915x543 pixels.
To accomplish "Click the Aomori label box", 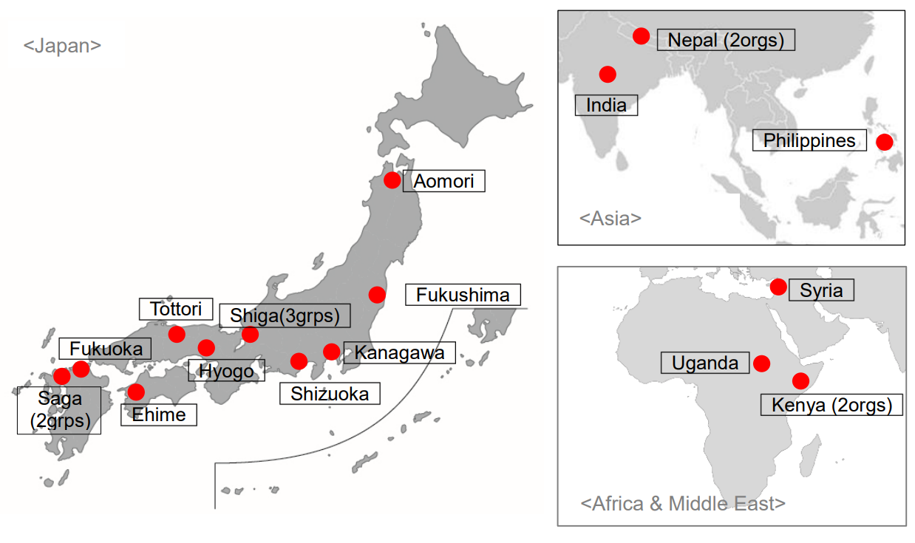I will click(x=443, y=181).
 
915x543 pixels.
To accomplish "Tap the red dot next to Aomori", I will click(x=392, y=180).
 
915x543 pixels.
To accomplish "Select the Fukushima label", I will click(x=463, y=295).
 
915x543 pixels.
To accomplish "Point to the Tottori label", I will click(x=176, y=309).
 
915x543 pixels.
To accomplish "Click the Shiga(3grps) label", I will click(x=285, y=315).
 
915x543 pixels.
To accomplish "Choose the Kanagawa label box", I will click(x=399, y=352).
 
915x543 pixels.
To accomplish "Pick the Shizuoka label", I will click(x=330, y=394).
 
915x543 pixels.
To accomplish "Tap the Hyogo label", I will click(x=226, y=370).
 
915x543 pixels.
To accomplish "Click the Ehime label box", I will click(x=159, y=414).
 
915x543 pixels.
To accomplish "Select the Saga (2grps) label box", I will click(x=59, y=410).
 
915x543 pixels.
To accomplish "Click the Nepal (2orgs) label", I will click(x=726, y=40).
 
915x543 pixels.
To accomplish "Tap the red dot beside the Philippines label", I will click(x=884, y=143).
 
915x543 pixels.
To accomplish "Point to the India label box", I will click(x=606, y=105).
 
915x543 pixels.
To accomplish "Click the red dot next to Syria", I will click(x=778, y=287).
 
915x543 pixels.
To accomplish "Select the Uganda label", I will click(x=705, y=363).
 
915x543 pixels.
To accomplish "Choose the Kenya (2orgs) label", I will click(x=831, y=405).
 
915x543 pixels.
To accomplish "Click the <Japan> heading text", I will click(x=62, y=45).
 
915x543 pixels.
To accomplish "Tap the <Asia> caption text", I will click(x=610, y=218).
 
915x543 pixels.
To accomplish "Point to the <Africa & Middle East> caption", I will click(x=683, y=504).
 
